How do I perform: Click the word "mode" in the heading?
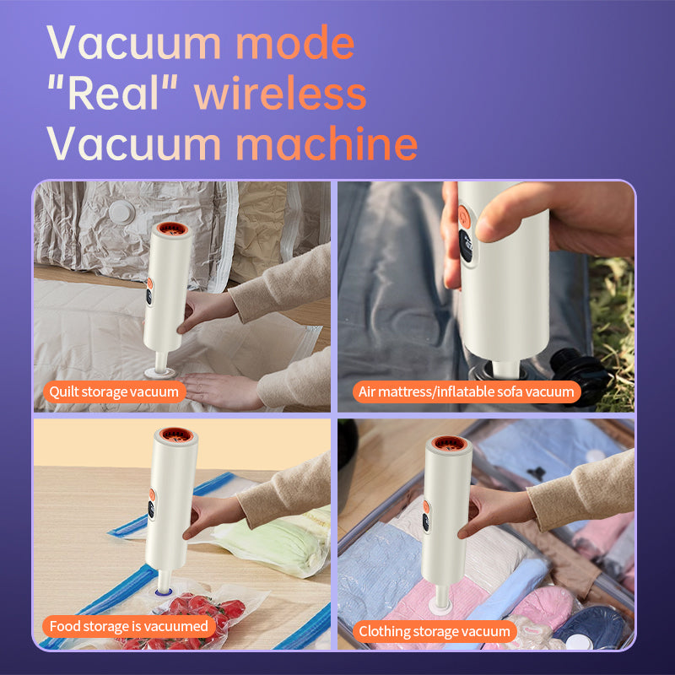pyautogui.click(x=295, y=43)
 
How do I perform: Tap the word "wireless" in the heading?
pyautogui.click(x=280, y=93)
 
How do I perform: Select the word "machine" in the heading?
pyautogui.click(x=327, y=143)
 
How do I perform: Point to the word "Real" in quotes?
pyautogui.click(x=113, y=93)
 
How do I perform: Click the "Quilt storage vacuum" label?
pyautogui.click(x=114, y=391)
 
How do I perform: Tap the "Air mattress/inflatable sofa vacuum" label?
pyautogui.click(x=467, y=391)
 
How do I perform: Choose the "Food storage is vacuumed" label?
pyautogui.click(x=129, y=626)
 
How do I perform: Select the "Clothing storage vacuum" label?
pyautogui.click(x=435, y=631)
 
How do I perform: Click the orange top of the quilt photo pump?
pyautogui.click(x=171, y=228)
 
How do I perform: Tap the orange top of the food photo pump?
pyautogui.click(x=176, y=435)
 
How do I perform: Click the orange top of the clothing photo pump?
pyautogui.click(x=449, y=443)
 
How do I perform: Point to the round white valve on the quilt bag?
pyautogui.click(x=121, y=212)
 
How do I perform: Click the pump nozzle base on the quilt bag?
pyautogui.click(x=159, y=372)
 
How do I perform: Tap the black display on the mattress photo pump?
pyautogui.click(x=466, y=246)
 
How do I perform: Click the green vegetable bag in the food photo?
pyautogui.click(x=276, y=543)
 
